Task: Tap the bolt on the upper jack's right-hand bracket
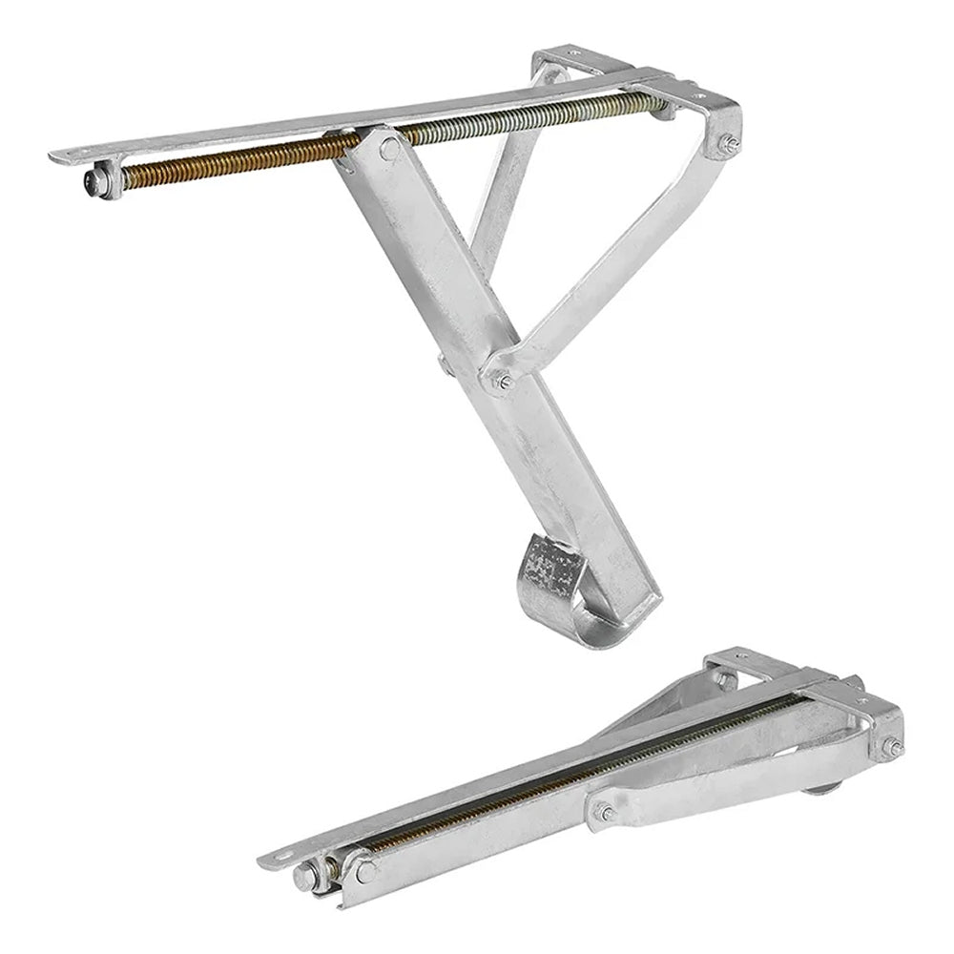[x=728, y=144]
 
